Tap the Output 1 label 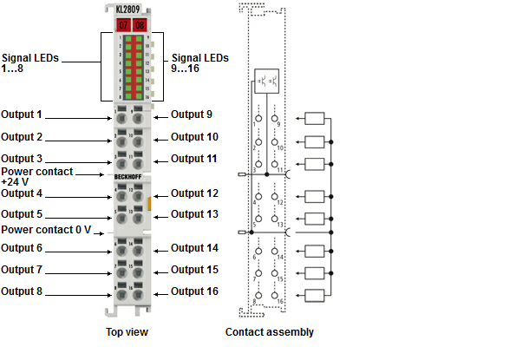22,115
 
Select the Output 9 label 192,115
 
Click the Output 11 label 194,159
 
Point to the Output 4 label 22,193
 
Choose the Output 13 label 194,214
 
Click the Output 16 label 194,292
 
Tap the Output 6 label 22,248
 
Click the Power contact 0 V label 46,230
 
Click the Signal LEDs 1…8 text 30,62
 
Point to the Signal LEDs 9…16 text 200,62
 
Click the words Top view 127,332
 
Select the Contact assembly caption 269,332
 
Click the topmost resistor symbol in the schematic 315,120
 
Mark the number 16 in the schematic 280,300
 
